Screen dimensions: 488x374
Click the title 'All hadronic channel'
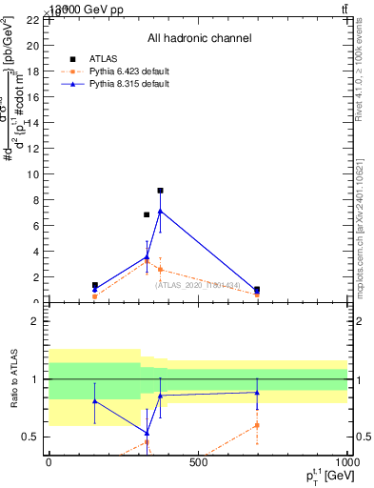point(199,38)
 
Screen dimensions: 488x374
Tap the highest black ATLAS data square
point(160,191)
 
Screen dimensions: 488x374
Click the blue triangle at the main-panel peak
point(160,211)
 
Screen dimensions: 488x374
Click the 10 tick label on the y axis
point(33,174)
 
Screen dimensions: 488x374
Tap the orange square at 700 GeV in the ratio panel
point(257,425)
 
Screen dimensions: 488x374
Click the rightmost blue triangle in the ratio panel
point(257,392)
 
